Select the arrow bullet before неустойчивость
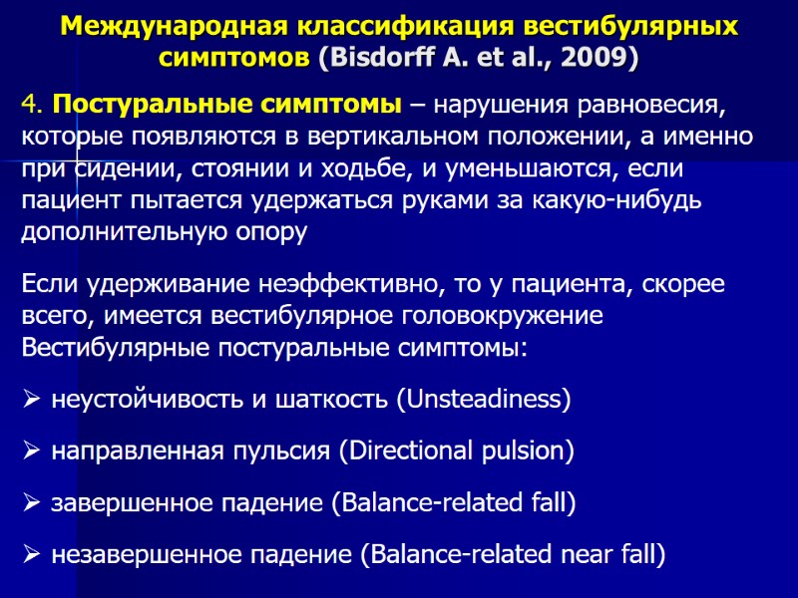coord(31,401)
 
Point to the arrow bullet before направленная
coord(31,452)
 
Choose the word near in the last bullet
coord(559,554)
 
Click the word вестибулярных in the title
coord(625,26)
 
